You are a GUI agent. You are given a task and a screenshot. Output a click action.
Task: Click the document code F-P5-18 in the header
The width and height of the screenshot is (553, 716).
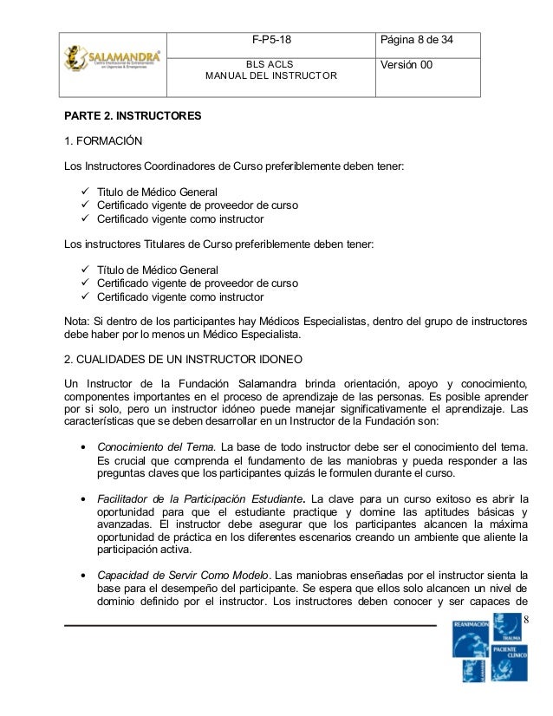pyautogui.click(x=270, y=40)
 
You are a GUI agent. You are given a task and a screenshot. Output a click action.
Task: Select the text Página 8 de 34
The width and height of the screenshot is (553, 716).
pyautogui.click(x=418, y=40)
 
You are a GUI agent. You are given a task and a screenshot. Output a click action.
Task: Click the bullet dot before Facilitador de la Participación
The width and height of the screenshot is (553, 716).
pyautogui.click(x=81, y=500)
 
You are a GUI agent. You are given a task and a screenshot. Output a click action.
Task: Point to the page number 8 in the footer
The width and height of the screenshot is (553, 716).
pyautogui.click(x=527, y=618)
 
